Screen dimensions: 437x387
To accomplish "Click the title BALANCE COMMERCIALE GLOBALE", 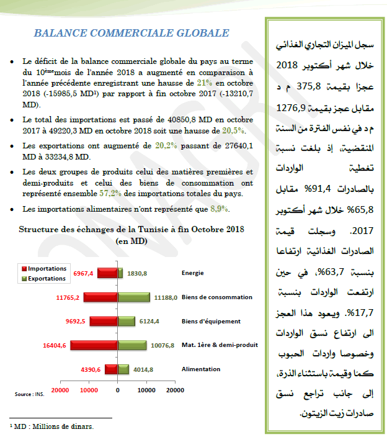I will pos(131,33).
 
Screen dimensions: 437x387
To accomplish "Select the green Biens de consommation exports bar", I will pos(133,297).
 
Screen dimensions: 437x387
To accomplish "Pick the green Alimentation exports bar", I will pos(123,369).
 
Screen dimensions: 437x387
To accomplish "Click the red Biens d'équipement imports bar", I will pos(104,322).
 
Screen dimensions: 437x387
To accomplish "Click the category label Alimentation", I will pos(201,369).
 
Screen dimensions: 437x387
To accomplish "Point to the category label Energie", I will pos(193,273).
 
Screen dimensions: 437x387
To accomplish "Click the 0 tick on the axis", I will pos(117,390).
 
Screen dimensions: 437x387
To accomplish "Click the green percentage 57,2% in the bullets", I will pos(112,193).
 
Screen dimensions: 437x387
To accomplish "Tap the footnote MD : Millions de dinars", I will pos(52,426).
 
